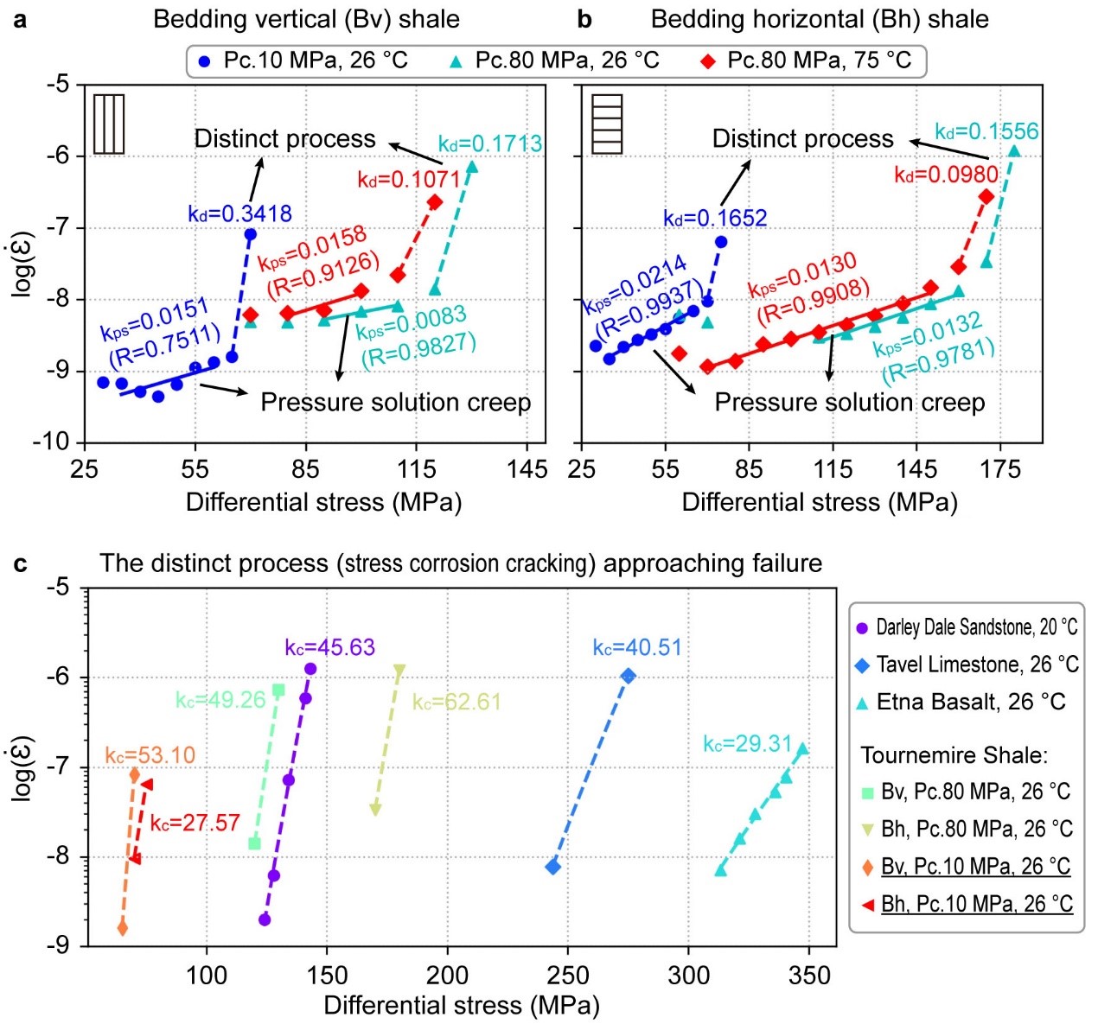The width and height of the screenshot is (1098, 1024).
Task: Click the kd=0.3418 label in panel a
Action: click(239, 213)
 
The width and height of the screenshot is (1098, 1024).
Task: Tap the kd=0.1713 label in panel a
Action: click(490, 143)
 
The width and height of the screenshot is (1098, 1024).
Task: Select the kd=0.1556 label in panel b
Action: click(986, 131)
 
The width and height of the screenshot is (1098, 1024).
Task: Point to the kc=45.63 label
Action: click(329, 647)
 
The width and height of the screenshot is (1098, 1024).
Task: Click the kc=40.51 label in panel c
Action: click(637, 647)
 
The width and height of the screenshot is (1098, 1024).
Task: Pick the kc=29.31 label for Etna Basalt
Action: click(747, 744)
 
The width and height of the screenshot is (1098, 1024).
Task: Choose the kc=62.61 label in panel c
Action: click(456, 702)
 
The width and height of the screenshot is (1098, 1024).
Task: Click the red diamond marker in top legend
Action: click(709, 60)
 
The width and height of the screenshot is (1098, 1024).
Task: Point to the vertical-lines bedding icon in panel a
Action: click(109, 124)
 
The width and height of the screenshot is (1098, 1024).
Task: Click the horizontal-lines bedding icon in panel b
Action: click(607, 124)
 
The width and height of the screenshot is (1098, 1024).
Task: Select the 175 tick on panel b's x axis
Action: click(1000, 469)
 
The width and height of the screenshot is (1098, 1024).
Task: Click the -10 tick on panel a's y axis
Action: click(51, 442)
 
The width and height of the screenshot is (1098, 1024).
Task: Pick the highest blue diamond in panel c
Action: click(629, 675)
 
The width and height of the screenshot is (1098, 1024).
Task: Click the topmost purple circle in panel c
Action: click(310, 669)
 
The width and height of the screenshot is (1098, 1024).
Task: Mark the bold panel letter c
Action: click(20, 563)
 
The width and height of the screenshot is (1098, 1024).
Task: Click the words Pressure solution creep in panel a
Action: click(395, 402)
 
